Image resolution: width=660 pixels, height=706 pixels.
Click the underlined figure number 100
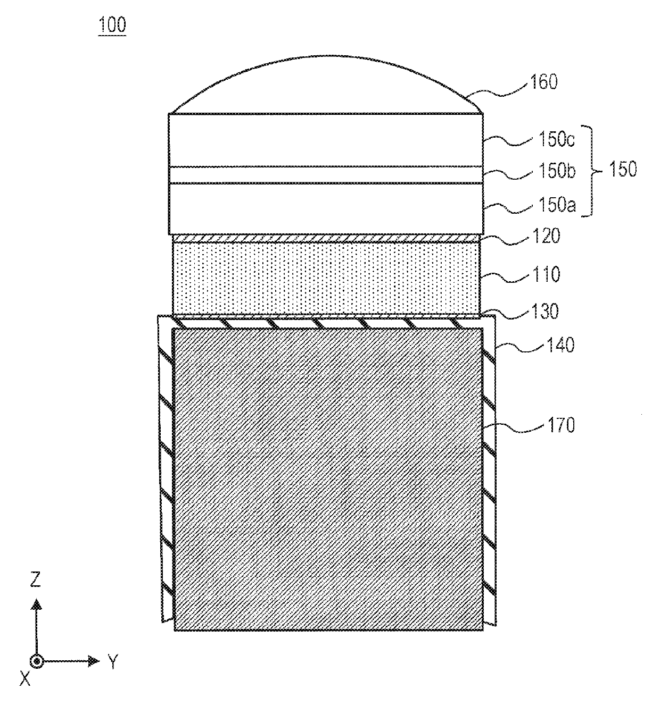coord(112,26)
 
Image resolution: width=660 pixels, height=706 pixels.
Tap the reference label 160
coord(542,83)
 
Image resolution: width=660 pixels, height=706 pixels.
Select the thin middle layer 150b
coord(326,175)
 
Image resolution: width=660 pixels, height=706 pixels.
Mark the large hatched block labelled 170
coord(328,478)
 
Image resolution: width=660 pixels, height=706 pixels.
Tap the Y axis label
coord(112,662)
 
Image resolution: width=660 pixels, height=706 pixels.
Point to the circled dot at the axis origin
coord(36,662)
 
